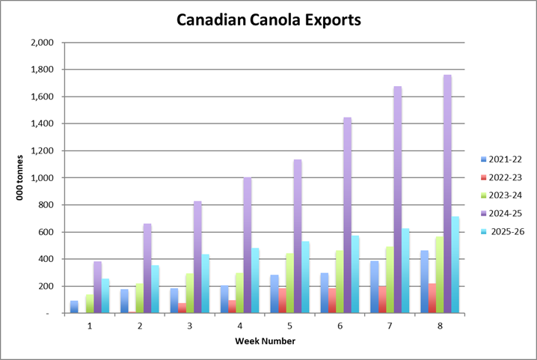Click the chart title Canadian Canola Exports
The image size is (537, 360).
tap(268, 20)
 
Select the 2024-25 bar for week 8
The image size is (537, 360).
tap(447, 194)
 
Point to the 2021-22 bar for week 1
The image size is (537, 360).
tap(74, 307)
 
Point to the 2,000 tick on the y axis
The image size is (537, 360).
tap(43, 43)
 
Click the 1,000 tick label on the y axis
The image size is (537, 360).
tap(43, 178)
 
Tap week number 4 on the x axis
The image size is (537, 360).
tap(240, 326)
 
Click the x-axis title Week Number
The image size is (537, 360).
tap(264, 341)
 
